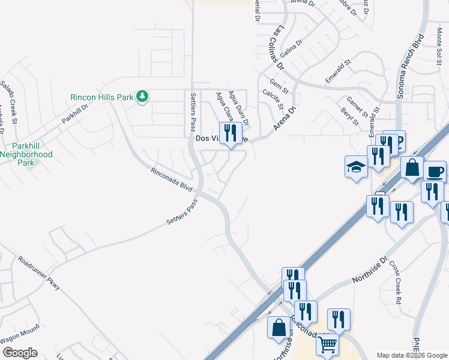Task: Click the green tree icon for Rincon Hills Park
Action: click(x=142, y=97)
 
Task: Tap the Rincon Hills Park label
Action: click(x=102, y=97)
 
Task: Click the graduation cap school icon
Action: click(x=356, y=167)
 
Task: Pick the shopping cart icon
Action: click(x=327, y=345)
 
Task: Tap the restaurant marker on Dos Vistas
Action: click(x=231, y=133)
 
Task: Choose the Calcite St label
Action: click(x=273, y=98)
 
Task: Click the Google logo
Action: click(x=19, y=353)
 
